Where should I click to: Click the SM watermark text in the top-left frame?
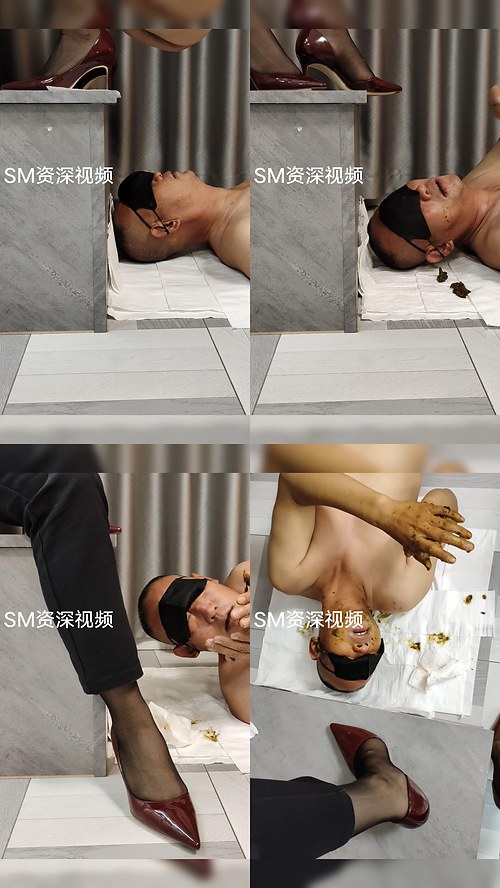(58, 176)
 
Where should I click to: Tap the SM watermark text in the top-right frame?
(308, 176)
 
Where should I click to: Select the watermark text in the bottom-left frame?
(58, 619)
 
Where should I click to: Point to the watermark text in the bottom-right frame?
(308, 619)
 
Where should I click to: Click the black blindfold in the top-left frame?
(137, 191)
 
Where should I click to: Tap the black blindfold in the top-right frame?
(404, 215)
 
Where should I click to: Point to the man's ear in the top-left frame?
(172, 227)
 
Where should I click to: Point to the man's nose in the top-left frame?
(157, 177)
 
